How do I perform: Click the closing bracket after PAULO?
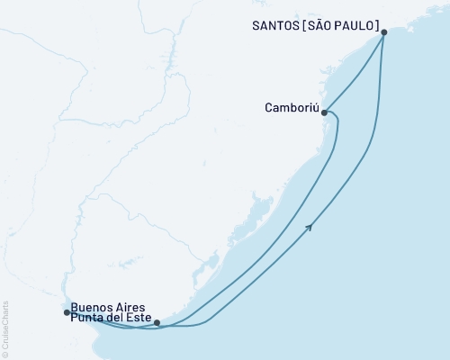click(376, 26)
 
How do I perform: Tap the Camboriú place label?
click(291, 108)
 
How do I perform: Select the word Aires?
click(127, 306)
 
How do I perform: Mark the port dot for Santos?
click(384, 32)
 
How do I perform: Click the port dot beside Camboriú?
click(324, 113)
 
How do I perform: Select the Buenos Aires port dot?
click(67, 312)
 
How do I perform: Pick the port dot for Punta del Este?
click(157, 322)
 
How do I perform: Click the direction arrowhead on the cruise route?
click(310, 227)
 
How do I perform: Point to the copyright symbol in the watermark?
click(4, 354)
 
